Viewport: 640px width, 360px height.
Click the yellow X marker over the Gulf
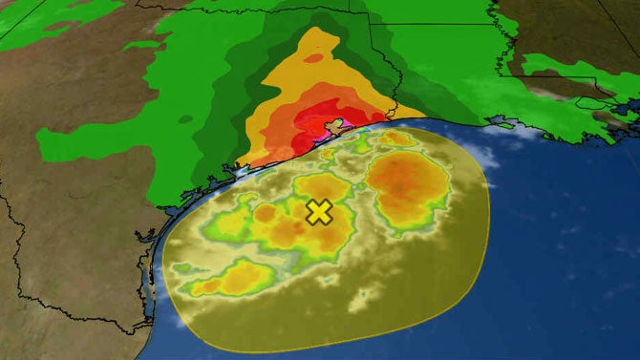click(319, 212)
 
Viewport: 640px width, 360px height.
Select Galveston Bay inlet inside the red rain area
click(334, 126)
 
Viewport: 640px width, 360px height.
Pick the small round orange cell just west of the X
click(265, 212)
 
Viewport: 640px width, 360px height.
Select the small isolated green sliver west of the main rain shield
click(140, 44)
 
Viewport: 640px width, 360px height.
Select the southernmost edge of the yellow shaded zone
click(315, 349)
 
